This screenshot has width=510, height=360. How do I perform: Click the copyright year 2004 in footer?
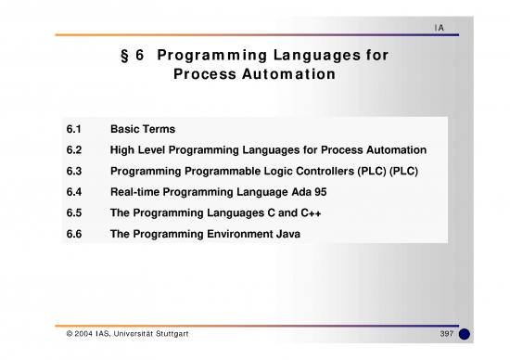(x=77, y=333)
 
